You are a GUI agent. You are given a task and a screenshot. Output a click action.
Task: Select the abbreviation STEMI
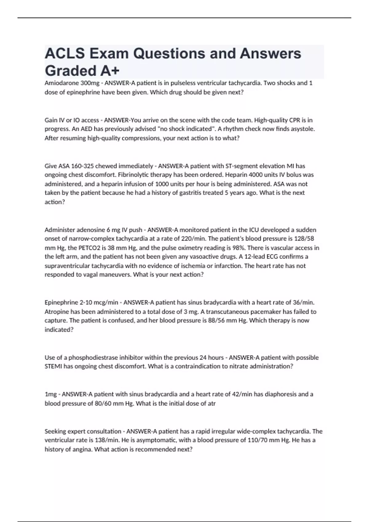(x=53, y=366)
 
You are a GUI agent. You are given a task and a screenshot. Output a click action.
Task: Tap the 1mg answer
(x=50, y=394)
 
